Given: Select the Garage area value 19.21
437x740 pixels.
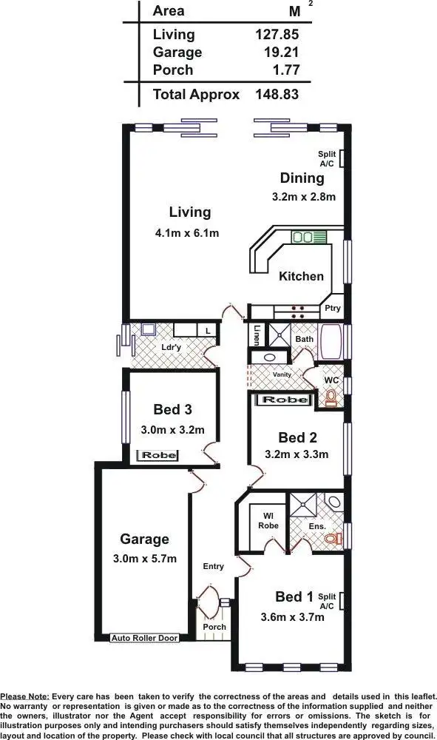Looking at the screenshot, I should point(279,52).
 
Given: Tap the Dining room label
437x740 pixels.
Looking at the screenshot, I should point(302,178).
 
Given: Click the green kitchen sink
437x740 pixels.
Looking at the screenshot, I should point(303,238).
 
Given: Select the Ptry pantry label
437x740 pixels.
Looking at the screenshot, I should point(330,309).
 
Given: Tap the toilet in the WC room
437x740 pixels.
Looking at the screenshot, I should point(330,400).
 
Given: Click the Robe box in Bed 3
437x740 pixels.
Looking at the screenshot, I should point(158,455).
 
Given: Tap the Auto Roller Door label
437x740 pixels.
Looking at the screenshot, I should point(144,637).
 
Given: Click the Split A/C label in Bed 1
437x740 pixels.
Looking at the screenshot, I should point(327,601).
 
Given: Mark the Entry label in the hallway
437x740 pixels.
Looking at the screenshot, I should point(213,566).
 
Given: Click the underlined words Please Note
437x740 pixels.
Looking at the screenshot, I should point(25,696).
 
